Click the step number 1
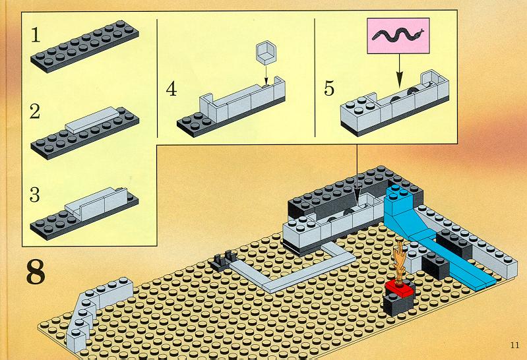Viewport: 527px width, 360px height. point(36,35)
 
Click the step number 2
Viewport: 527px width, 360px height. point(35,111)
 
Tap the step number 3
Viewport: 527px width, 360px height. point(34,195)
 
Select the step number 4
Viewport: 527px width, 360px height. point(171,89)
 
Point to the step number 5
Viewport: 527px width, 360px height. point(329,88)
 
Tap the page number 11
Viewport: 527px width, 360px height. point(514,345)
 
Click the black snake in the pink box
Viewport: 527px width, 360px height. point(398,35)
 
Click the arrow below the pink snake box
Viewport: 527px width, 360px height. point(399,71)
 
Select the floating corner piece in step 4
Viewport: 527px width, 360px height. point(266,53)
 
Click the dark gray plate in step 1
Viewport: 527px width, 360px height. point(84,46)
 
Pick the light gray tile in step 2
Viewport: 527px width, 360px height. point(92,121)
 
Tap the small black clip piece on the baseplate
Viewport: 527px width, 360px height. point(224,261)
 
